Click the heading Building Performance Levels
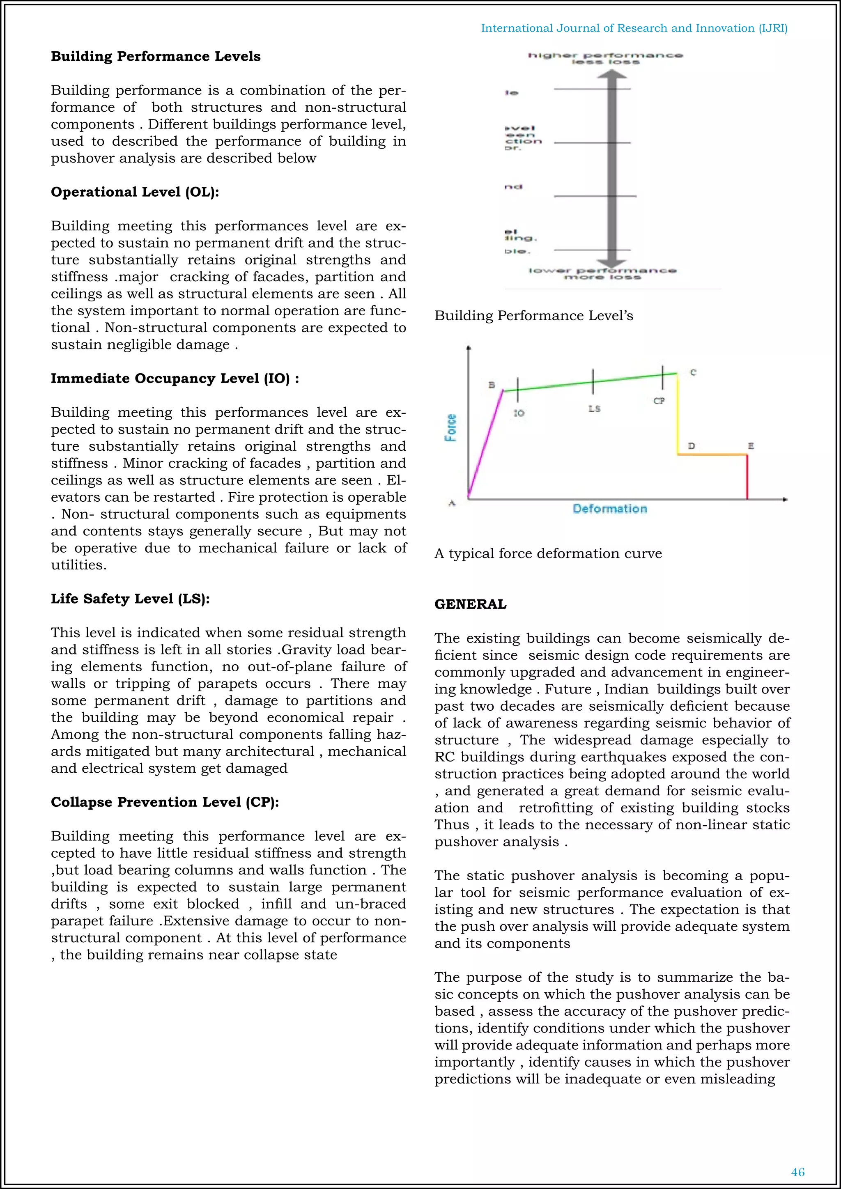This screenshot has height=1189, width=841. [x=155, y=56]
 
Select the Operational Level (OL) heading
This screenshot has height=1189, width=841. [x=135, y=192]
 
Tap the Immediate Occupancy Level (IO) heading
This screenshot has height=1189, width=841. [x=175, y=379]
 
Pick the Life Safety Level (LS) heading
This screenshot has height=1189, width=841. [x=130, y=599]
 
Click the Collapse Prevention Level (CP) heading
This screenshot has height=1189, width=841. [x=165, y=802]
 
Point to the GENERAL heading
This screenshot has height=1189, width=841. [x=470, y=604]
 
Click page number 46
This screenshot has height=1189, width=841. [x=797, y=1172]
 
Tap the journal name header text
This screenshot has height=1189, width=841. [x=634, y=28]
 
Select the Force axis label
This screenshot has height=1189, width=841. [x=451, y=427]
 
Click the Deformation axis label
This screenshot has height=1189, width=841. [x=609, y=509]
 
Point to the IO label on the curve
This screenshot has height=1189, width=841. [x=519, y=413]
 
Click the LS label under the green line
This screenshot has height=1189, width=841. [x=594, y=409]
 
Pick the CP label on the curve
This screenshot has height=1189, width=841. [x=659, y=401]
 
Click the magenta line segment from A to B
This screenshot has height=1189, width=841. [x=485, y=444]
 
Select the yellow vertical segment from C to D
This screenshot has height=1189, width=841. [x=678, y=414]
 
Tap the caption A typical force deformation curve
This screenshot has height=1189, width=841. [x=548, y=553]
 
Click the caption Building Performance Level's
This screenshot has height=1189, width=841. [x=533, y=316]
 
